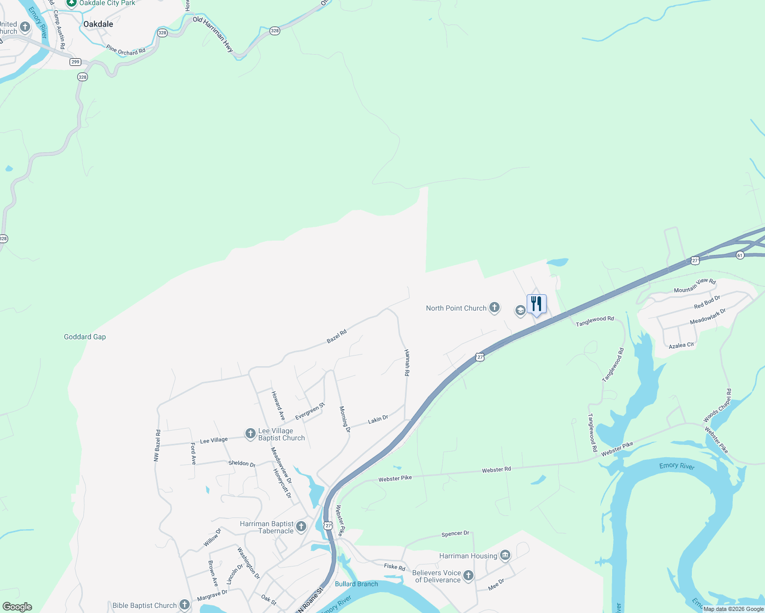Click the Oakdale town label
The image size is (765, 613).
click(98, 24)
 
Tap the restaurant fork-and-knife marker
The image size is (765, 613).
click(536, 304)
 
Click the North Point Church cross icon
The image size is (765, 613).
click(494, 308)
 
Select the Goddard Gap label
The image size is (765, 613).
click(85, 337)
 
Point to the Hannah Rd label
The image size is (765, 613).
click(407, 363)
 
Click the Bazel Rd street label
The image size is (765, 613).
click(337, 336)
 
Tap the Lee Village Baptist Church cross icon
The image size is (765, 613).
click(250, 434)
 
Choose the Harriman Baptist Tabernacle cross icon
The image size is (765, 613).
click(301, 527)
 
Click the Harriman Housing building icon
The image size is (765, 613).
click(505, 555)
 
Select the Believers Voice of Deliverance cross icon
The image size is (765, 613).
click(468, 576)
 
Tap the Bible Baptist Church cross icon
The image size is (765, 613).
click(185, 605)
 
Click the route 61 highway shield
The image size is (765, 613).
click(740, 255)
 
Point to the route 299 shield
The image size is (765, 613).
click(76, 62)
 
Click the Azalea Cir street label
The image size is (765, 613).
click(681, 346)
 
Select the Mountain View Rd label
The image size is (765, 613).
click(694, 286)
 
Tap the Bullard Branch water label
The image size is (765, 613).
click(356, 584)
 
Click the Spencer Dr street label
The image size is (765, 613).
click(455, 534)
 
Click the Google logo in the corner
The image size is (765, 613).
click(17, 607)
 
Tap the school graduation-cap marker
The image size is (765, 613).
click(520, 310)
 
